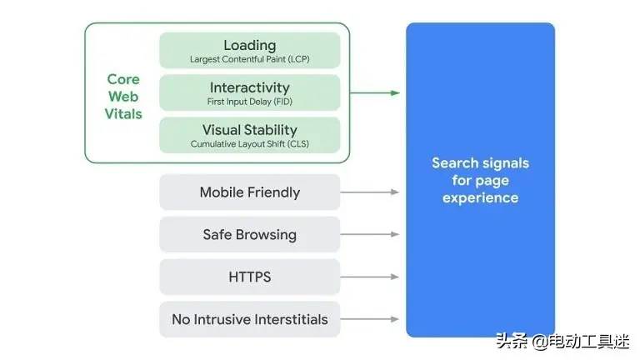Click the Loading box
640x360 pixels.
point(249,50)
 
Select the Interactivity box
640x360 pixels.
point(249,92)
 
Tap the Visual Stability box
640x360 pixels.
point(249,135)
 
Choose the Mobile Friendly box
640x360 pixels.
point(249,192)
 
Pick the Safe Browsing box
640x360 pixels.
point(249,235)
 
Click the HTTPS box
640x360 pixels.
point(249,277)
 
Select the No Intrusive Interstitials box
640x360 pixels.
point(249,319)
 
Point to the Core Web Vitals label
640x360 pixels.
point(123,97)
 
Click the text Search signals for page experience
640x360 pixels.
point(480,180)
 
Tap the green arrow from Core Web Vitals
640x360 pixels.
point(374,92)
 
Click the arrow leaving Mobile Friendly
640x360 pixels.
point(370,192)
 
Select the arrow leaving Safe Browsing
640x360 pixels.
point(370,235)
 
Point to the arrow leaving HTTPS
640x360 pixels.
point(370,277)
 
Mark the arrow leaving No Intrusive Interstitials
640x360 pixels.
point(370,319)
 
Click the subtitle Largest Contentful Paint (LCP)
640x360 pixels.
point(249,60)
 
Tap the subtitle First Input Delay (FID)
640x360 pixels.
point(249,102)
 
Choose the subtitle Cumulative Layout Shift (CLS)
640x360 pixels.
point(249,144)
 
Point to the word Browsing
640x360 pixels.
point(266,235)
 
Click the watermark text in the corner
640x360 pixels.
point(562,341)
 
